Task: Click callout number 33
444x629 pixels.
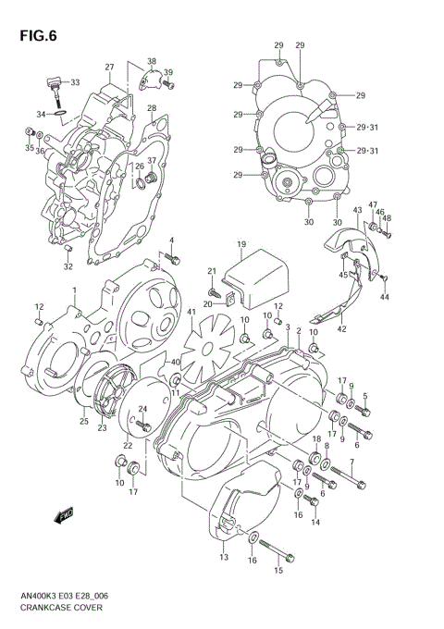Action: [75, 81]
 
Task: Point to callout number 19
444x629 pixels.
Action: [240, 244]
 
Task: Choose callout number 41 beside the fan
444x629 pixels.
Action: [192, 313]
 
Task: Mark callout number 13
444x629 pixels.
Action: [224, 558]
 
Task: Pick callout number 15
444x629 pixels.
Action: [277, 572]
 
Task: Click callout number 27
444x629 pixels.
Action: [109, 68]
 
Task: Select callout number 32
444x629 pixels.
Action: [68, 267]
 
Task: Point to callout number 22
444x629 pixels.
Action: [128, 445]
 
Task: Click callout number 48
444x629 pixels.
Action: [388, 218]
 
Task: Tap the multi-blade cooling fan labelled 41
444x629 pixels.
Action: [205, 344]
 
